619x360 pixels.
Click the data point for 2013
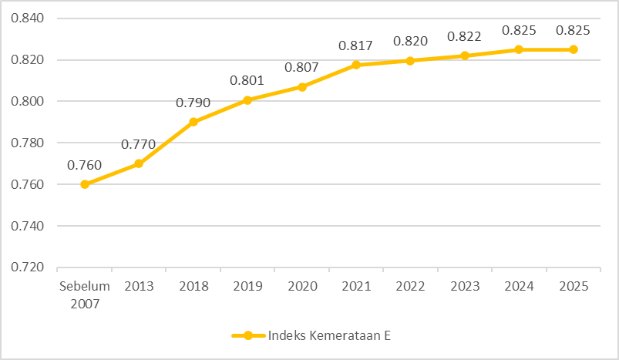point(139,163)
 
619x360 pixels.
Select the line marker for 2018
point(193,122)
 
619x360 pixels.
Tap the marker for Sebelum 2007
point(85,184)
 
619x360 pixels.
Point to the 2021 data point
point(355,65)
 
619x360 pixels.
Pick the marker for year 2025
point(573,49)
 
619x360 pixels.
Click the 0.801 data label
point(247,80)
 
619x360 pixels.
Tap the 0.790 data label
point(193,103)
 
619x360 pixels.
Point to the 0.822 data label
point(464,37)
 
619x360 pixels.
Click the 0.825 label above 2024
point(518,31)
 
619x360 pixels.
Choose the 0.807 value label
point(301,68)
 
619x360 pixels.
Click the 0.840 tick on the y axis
point(28,19)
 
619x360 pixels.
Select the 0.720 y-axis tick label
point(28,267)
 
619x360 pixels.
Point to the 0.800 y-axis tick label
point(28,101)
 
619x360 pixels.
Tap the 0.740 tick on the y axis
point(28,226)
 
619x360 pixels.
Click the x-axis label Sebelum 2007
point(85,293)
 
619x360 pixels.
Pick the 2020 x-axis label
point(301,286)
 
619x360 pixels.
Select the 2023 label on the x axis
point(464,286)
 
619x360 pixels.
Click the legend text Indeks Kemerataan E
point(331,335)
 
